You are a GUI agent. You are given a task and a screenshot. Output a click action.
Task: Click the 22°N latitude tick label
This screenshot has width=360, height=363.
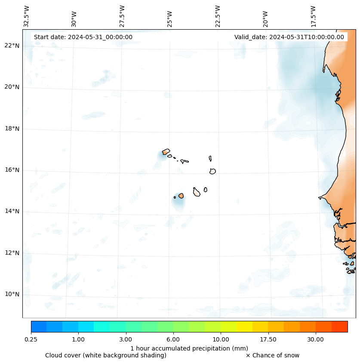pyautogui.click(x=12, y=46)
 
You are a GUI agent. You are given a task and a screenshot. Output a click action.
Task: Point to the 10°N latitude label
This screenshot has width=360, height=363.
pyautogui.click(x=12, y=294)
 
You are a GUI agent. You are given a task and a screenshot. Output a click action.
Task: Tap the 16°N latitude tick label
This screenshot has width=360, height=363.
pyautogui.click(x=12, y=170)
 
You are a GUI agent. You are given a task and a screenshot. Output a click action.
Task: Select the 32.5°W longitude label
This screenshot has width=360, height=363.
pyautogui.click(x=27, y=16)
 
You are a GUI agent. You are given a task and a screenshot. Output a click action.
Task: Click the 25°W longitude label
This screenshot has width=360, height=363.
pyautogui.click(x=170, y=19)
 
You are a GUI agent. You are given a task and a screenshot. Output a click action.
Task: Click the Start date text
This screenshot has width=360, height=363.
pyautogui.click(x=83, y=37)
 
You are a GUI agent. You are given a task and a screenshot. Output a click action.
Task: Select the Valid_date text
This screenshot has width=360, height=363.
pyautogui.click(x=289, y=37)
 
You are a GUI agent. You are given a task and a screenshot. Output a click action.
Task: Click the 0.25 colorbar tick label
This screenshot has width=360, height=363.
pyautogui.click(x=31, y=339)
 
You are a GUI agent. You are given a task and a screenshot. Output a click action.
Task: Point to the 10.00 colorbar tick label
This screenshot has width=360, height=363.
pyautogui.click(x=221, y=339)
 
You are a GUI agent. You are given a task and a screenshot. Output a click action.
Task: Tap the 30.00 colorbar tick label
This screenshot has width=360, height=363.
pyautogui.click(x=316, y=339)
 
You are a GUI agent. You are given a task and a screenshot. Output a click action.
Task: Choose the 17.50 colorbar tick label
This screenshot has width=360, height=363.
pyautogui.click(x=268, y=339)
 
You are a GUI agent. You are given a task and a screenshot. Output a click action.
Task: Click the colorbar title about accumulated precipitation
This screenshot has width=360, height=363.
pyautogui.click(x=189, y=348)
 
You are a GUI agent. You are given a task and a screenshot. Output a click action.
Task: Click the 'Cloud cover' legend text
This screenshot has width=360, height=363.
pyautogui.click(x=106, y=355)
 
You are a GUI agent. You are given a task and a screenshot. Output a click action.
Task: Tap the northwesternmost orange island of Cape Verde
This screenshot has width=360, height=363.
pyautogui.click(x=166, y=151)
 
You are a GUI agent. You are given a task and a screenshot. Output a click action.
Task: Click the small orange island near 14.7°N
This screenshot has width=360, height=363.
pyautogui.click(x=181, y=196)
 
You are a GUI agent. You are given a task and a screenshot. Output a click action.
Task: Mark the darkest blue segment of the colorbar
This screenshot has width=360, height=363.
pyautogui.click(x=39, y=326)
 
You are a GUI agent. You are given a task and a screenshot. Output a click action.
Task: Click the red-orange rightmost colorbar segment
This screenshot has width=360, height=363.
pyautogui.click(x=339, y=326)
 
